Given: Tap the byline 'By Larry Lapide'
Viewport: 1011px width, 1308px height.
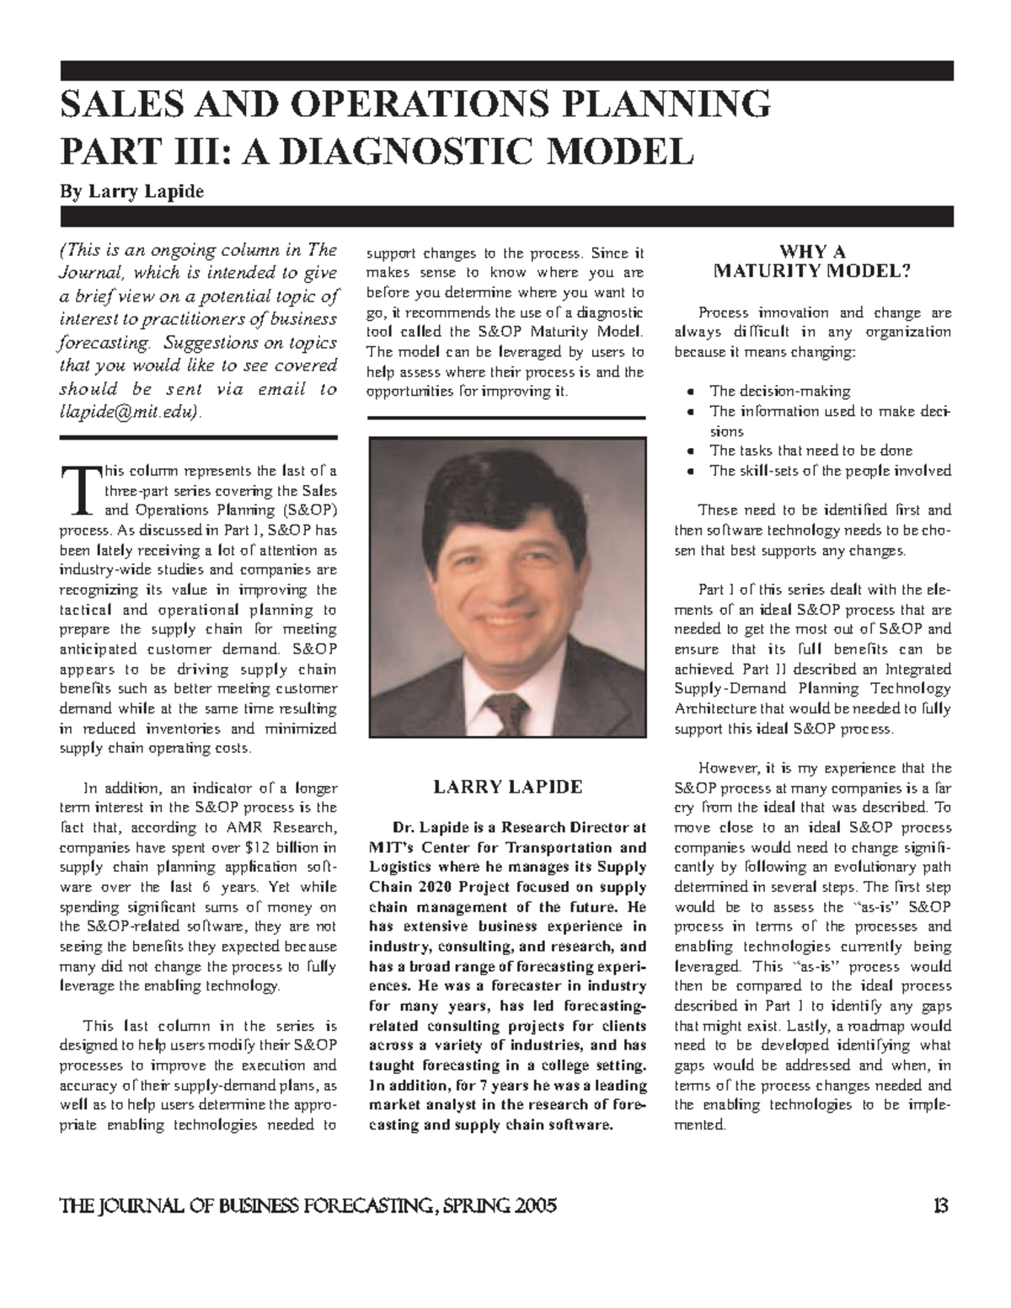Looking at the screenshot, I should (131, 192).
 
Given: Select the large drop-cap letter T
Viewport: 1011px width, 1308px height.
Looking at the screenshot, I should (78, 492).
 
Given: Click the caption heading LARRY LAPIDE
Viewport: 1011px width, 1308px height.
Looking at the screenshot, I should (507, 787).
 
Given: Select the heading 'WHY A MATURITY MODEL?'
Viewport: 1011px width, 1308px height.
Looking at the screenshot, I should (812, 262).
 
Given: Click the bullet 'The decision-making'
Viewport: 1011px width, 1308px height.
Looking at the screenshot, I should (780, 391).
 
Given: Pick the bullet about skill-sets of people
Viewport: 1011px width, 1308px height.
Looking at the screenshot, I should (830, 471).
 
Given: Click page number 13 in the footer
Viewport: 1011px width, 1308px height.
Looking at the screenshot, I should (942, 1206).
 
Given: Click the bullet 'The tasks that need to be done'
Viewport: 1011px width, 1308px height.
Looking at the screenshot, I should (810, 451).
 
